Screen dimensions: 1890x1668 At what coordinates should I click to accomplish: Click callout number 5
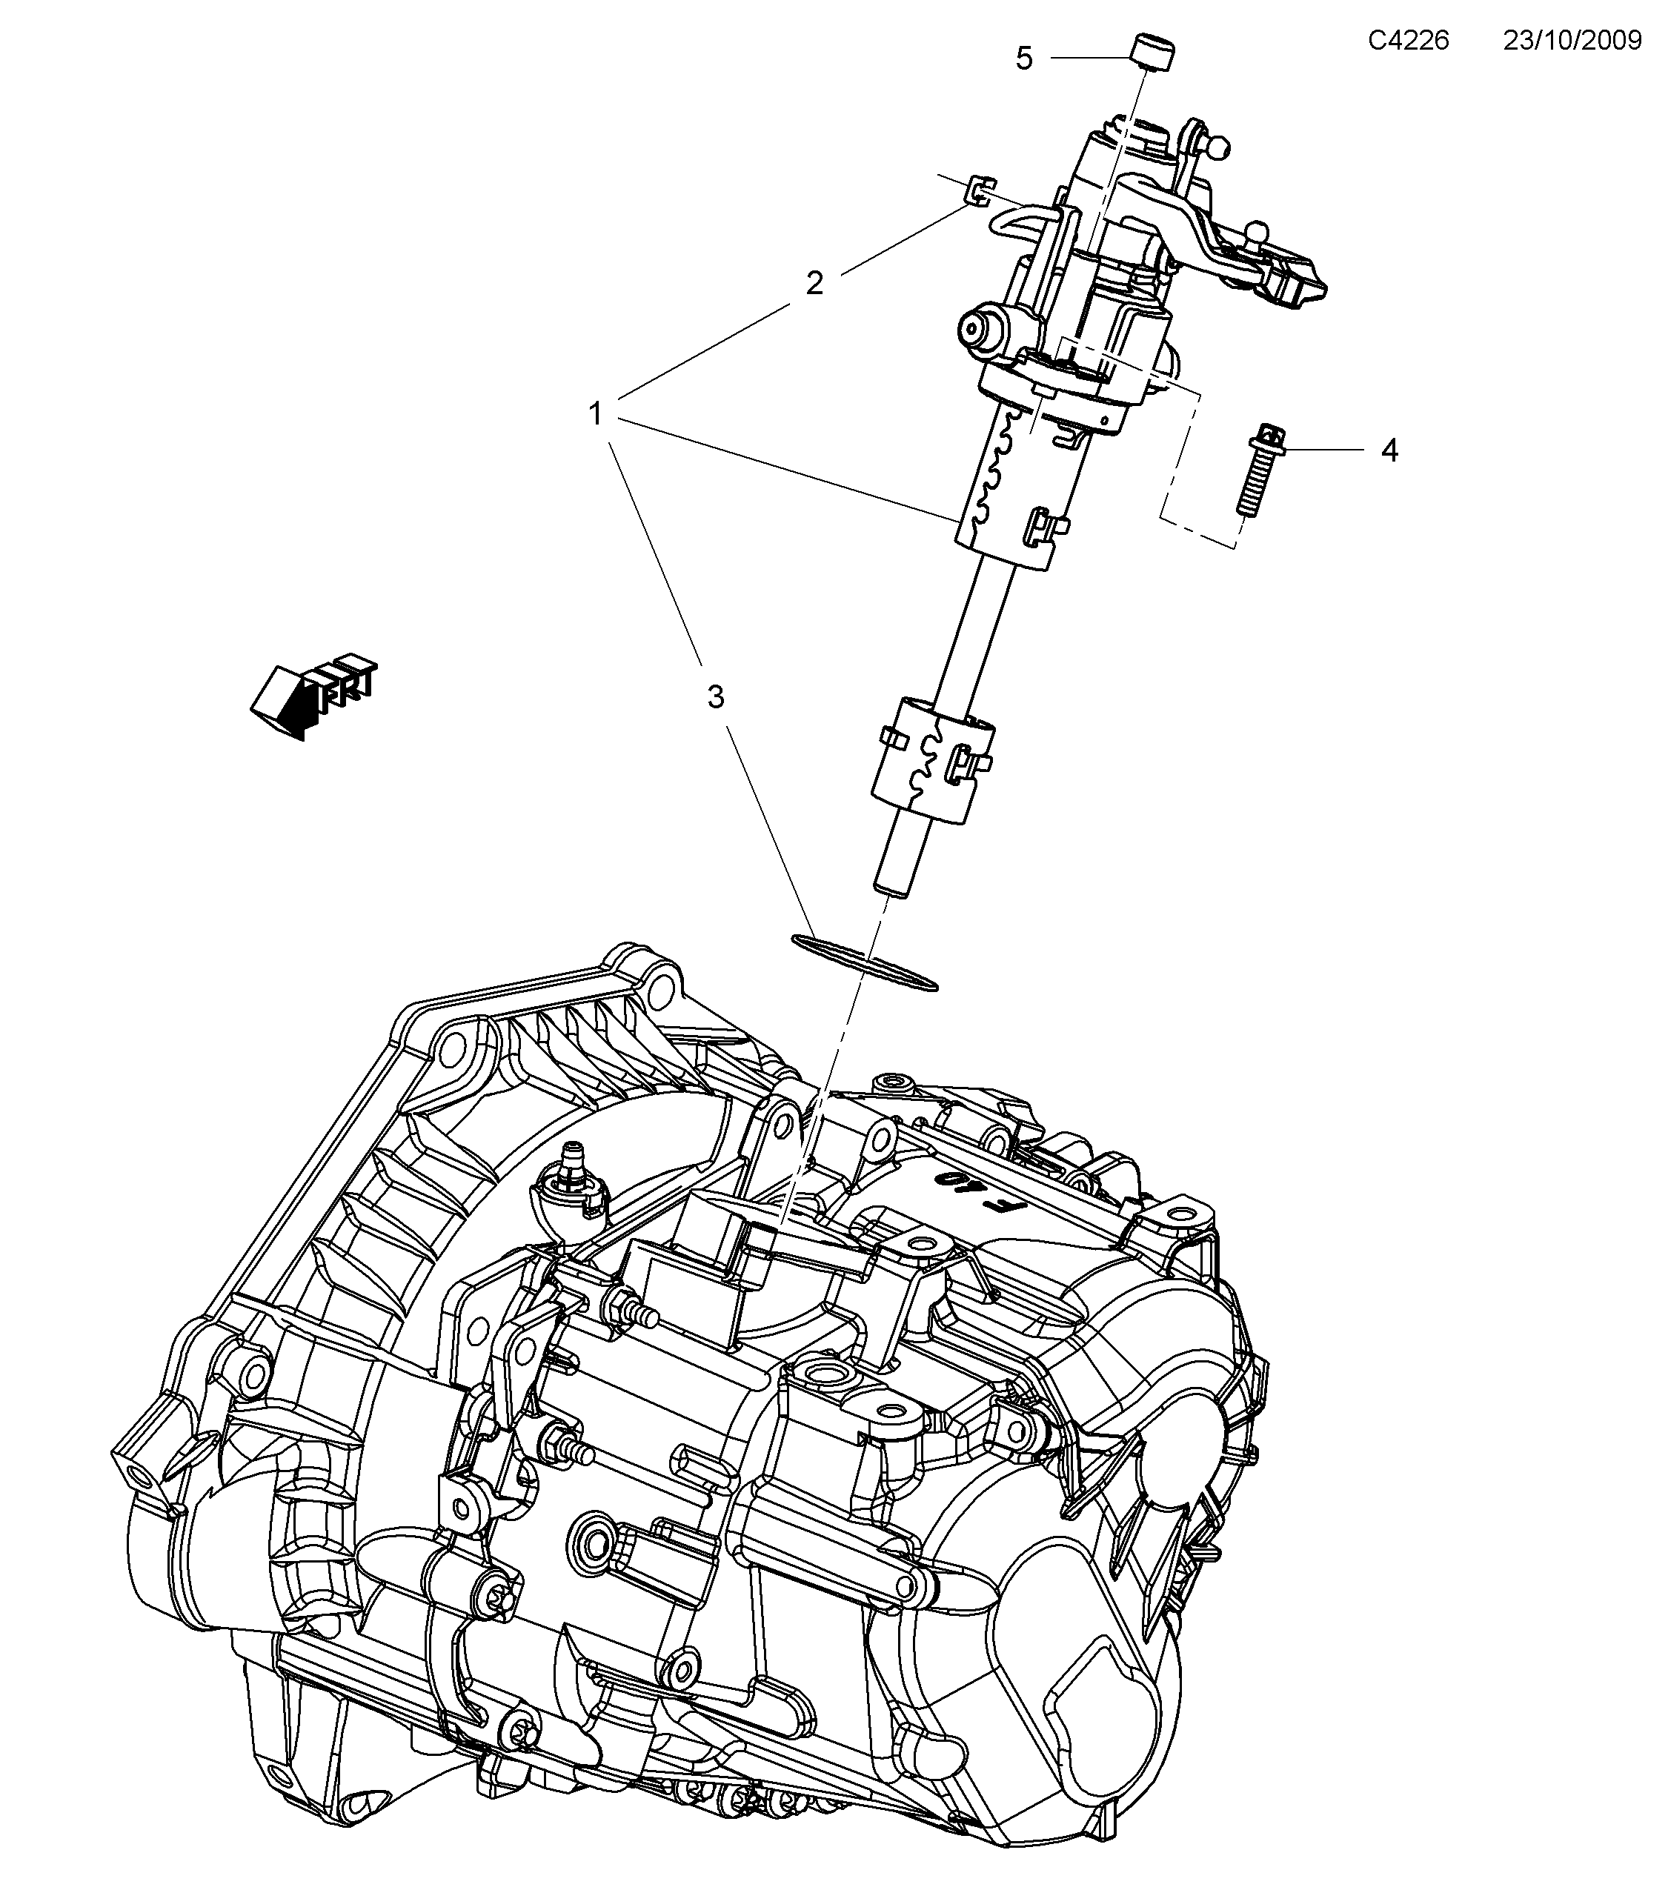pyautogui.click(x=1023, y=59)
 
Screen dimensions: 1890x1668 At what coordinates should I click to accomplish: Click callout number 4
pyautogui.click(x=1389, y=451)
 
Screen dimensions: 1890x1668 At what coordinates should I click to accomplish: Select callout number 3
pyautogui.click(x=715, y=697)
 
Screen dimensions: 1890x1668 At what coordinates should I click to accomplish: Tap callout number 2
pyautogui.click(x=814, y=283)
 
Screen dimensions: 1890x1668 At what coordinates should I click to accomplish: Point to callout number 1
pyautogui.click(x=597, y=413)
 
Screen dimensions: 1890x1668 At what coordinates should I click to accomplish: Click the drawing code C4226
pyautogui.click(x=1408, y=40)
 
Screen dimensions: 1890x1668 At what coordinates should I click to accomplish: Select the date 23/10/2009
pyautogui.click(x=1572, y=40)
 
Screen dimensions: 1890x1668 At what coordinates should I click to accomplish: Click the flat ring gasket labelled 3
pyautogui.click(x=865, y=962)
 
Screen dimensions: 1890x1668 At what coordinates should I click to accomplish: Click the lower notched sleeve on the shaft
pyautogui.click(x=928, y=760)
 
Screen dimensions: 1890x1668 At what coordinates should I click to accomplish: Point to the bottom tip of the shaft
pyautogui.click(x=889, y=888)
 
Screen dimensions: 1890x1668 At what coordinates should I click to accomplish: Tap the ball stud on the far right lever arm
pyautogui.click(x=1257, y=227)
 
